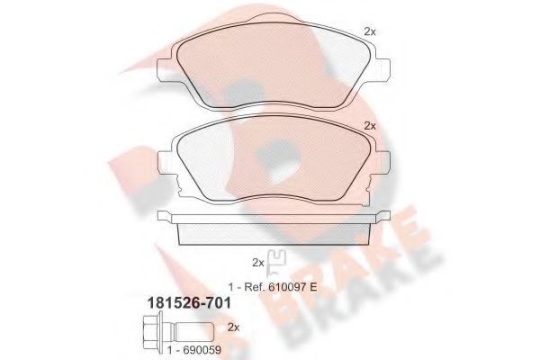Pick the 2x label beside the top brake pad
[x=369, y=31]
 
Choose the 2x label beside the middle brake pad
[x=369, y=125]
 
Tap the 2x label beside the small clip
[x=257, y=262]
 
